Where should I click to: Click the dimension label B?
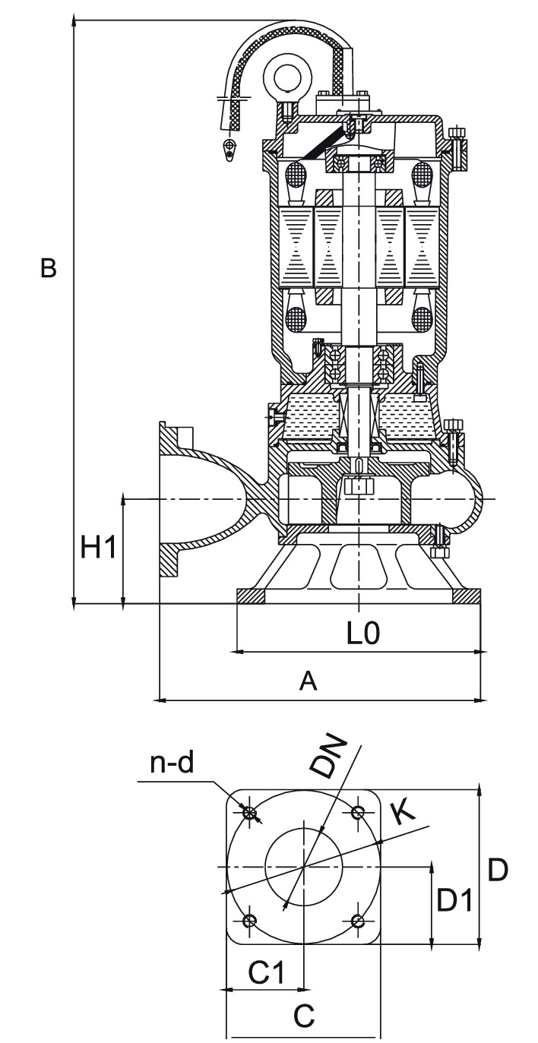tap(49, 268)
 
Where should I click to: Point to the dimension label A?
tap(308, 681)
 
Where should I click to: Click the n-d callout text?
tap(172, 764)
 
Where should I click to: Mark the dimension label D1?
tap(455, 901)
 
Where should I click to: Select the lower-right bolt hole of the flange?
tap(359, 921)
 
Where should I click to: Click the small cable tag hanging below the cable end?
tap(229, 147)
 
